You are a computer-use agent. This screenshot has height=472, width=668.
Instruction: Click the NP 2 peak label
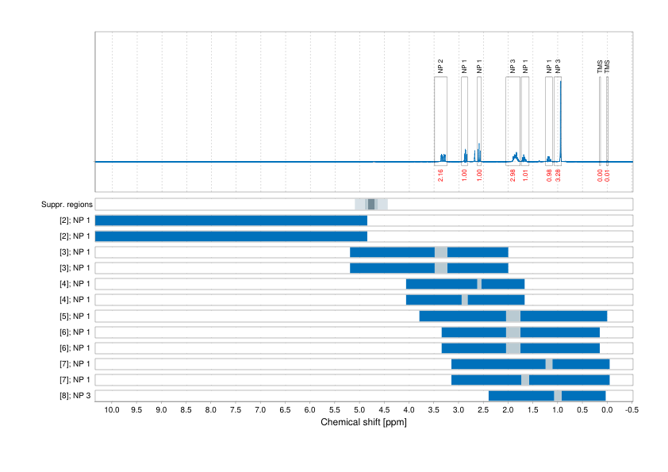coord(440,67)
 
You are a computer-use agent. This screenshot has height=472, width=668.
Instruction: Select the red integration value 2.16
coord(440,175)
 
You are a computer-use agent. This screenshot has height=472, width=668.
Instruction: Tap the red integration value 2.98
coord(513,175)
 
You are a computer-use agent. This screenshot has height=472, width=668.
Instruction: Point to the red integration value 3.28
coord(558,175)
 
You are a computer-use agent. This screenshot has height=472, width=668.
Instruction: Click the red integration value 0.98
coord(549,175)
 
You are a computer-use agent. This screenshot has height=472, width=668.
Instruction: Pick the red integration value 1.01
coord(525,175)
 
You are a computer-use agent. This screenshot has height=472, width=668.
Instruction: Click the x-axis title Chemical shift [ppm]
coord(363,422)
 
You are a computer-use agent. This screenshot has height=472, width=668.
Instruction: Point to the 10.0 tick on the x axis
coord(111,410)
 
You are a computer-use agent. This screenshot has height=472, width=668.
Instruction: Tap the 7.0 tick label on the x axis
coord(260,410)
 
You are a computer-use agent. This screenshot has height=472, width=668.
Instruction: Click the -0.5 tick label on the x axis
coord(631,410)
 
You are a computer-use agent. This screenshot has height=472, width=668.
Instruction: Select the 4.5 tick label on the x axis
coord(384,410)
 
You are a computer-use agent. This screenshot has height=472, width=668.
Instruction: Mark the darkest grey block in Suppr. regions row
coord(371,205)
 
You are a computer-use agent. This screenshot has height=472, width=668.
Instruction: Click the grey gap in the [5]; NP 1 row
coord(513,316)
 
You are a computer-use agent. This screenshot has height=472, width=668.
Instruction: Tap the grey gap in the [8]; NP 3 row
coord(558,396)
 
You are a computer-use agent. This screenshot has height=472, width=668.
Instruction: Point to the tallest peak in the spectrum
coord(561,83)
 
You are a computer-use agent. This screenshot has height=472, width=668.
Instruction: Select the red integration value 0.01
coord(608,175)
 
